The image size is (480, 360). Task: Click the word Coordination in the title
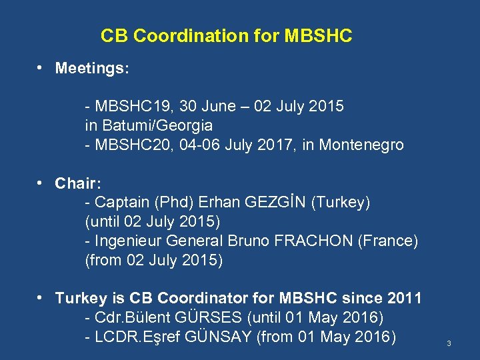179,36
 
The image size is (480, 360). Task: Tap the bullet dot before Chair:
41,182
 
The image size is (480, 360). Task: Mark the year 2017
279,145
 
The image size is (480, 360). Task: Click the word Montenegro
361,145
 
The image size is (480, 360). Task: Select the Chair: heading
76,183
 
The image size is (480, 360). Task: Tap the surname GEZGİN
270,202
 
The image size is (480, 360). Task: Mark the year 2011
406,298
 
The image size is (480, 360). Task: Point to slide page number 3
449,343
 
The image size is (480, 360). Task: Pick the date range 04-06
183,145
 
